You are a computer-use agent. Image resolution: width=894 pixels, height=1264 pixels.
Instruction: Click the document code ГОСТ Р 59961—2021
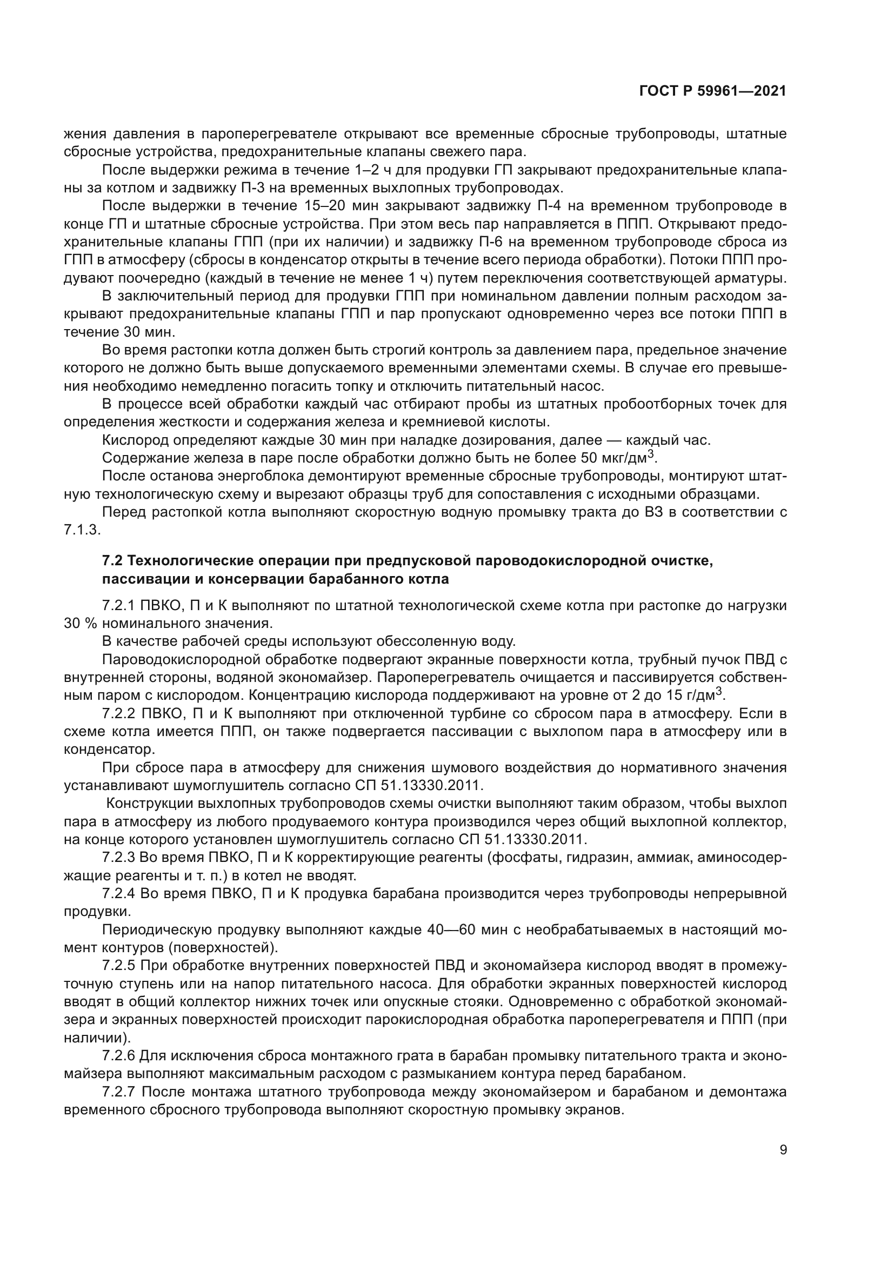click(713, 91)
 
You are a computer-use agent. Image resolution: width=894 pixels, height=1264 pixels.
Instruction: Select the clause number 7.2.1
click(119, 606)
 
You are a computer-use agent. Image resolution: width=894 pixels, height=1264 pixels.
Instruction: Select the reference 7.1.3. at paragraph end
click(82, 530)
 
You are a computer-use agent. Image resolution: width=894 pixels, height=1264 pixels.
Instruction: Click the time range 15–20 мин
click(336, 206)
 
